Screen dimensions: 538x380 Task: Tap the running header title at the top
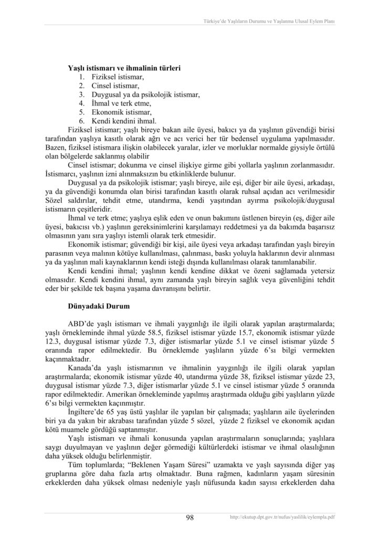(x=269, y=22)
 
